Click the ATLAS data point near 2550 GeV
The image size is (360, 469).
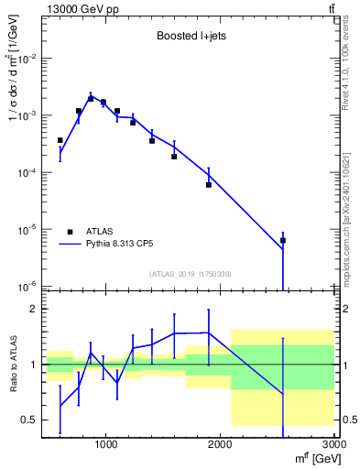[283, 240]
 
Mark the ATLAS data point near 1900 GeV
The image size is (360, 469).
[209, 184]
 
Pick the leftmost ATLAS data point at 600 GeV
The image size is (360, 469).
[60, 140]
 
